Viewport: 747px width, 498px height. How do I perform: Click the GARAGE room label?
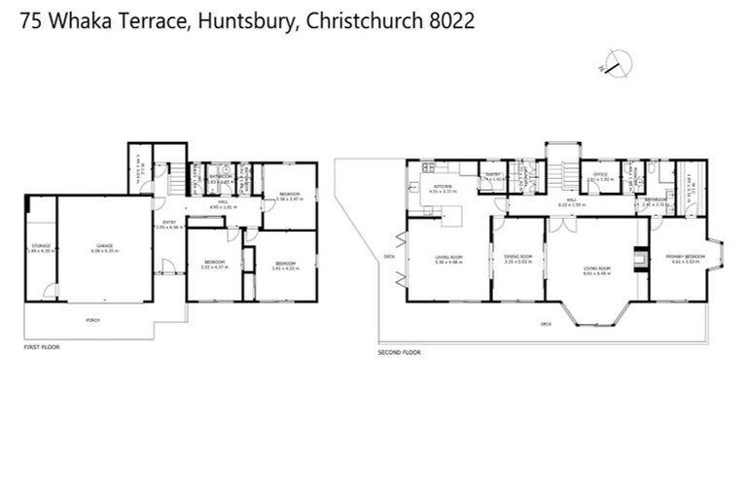[x=105, y=247]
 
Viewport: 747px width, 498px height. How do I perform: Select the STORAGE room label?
[x=41, y=247]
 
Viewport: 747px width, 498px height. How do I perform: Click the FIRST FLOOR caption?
[x=42, y=346]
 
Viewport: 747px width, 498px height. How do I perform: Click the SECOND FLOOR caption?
[x=399, y=352]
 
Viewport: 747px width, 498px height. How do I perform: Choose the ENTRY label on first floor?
[x=169, y=223]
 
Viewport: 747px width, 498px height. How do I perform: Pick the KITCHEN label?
[x=443, y=187]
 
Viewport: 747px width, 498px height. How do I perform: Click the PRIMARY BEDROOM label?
[x=683, y=257]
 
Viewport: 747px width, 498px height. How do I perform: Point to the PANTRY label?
[x=493, y=175]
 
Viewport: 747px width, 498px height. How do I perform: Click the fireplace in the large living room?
[x=638, y=258]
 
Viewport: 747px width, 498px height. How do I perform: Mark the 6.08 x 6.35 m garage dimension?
[x=105, y=252]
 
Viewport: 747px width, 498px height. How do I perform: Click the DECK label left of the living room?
[x=389, y=257]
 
